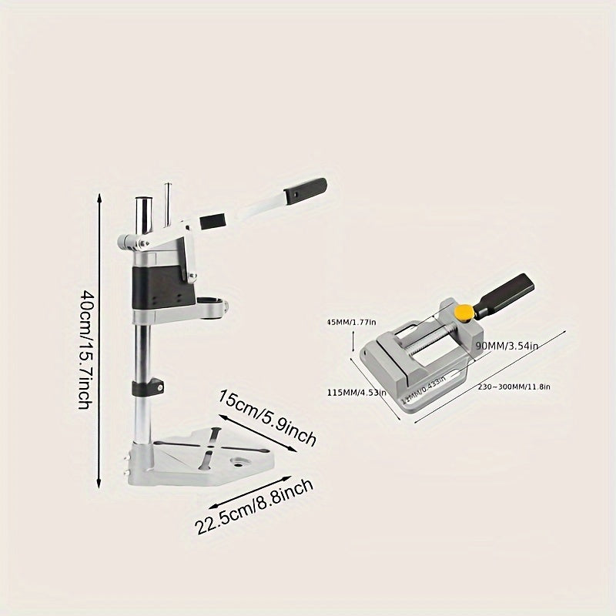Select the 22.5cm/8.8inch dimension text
pos(254,509)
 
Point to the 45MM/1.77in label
pos(350,322)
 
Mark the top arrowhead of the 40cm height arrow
pos(99,197)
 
